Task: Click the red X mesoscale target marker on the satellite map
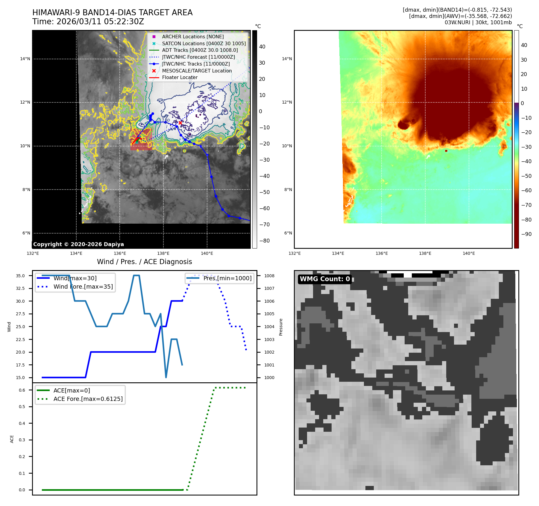point(180,123)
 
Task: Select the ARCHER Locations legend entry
point(193,37)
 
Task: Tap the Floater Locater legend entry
point(180,77)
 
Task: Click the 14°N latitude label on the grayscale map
point(25,59)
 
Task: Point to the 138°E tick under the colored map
point(425,253)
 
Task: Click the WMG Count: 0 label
point(325,279)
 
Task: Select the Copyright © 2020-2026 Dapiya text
point(78,244)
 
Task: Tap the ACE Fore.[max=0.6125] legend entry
point(88,399)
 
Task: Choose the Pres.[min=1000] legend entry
point(227,278)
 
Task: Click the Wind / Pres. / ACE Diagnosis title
point(144,262)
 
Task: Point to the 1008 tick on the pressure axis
point(269,276)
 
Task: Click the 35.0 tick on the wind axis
point(20,276)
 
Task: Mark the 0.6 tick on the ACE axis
point(22,390)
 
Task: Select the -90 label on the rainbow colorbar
point(526,234)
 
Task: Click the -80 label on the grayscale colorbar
point(264,241)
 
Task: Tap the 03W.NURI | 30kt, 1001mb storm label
point(478,22)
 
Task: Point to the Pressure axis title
point(281,327)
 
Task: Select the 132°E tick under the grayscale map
point(33,253)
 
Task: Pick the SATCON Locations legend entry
point(204,43)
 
